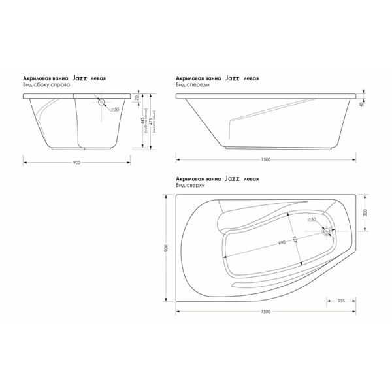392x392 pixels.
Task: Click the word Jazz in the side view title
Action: (80, 78)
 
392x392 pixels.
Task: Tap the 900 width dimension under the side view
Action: (76, 165)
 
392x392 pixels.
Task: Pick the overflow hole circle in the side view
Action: (102, 101)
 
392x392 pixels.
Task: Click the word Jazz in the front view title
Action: (232, 78)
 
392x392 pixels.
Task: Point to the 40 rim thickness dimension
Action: (361, 105)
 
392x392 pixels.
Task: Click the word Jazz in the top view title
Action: (232, 178)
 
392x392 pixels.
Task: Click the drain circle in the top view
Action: (326, 231)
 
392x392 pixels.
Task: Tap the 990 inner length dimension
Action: (282, 242)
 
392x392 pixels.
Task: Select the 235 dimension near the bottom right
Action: (340, 301)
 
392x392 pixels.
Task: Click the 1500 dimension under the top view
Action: (266, 311)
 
